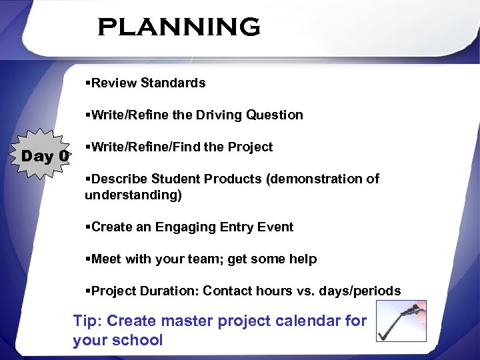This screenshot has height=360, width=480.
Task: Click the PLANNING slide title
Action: coord(179,27)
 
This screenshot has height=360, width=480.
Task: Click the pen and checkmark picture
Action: coord(401,321)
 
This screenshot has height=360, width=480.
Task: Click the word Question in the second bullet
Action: coord(275,115)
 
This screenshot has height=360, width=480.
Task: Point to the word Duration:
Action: coord(166,291)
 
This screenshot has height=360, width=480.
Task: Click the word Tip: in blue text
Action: coord(87,321)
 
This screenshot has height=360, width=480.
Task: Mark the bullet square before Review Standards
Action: coord(88,83)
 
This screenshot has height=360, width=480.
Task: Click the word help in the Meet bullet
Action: coord(303,259)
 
